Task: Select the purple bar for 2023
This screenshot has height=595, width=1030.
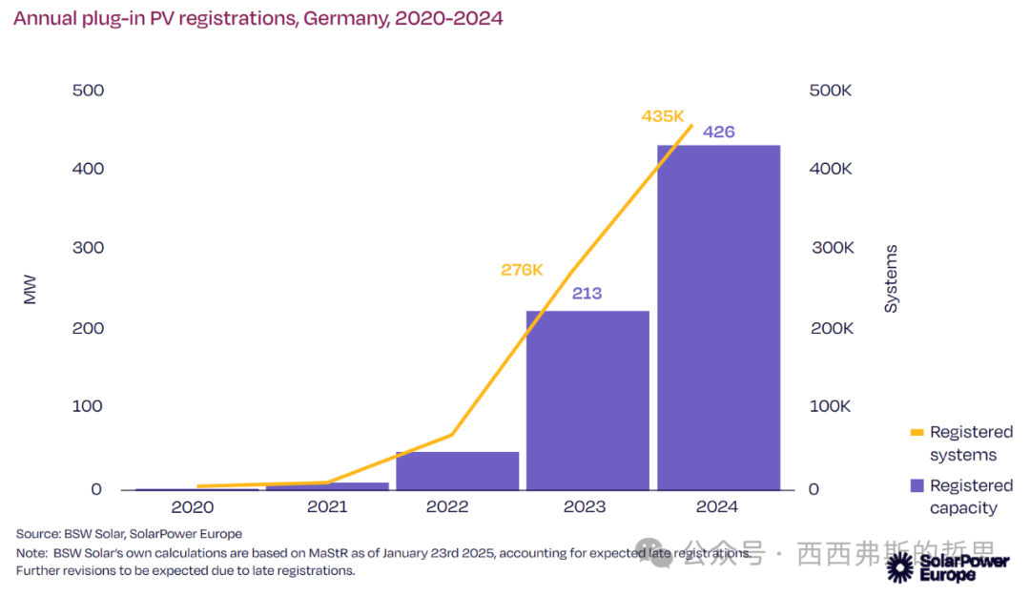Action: [587, 400]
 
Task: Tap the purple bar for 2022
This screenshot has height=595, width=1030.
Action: [457, 471]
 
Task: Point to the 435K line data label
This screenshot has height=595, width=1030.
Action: [663, 116]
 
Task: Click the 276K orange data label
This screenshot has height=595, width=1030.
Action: [522, 270]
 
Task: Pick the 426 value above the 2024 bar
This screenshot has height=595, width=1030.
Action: [718, 132]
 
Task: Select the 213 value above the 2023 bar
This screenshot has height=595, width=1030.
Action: [587, 294]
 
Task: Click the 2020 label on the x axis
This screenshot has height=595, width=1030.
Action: [193, 507]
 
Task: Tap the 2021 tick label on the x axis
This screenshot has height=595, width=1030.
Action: [327, 507]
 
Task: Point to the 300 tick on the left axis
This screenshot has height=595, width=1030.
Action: [88, 248]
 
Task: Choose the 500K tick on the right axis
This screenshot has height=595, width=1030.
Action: [830, 91]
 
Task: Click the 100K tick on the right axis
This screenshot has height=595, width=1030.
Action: [830, 406]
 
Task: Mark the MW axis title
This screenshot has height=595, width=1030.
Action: [30, 290]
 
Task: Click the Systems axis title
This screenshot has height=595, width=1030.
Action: [891, 278]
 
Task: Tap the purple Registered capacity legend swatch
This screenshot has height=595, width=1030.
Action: [917, 485]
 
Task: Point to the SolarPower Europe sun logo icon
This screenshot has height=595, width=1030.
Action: [899, 567]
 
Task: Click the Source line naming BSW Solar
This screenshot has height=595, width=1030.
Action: [129, 534]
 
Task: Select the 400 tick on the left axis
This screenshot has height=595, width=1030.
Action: [88, 169]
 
